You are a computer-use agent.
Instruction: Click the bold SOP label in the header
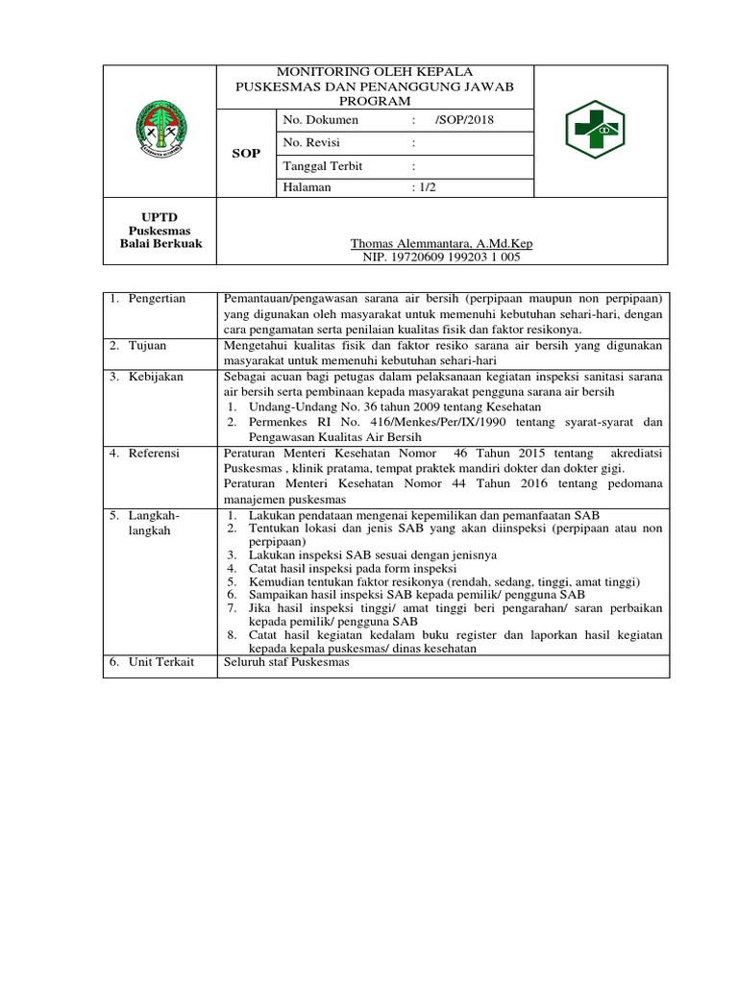pos(247,154)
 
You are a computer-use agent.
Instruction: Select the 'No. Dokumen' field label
pos(321,120)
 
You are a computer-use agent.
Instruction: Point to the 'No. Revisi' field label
pos(313,142)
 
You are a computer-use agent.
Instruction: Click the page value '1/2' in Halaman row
pos(422,187)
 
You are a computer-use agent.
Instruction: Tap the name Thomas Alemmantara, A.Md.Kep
pos(442,244)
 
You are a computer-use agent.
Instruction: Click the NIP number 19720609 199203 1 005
pos(442,258)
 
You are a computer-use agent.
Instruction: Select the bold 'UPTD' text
pos(160,218)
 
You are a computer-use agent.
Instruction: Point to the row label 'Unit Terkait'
pos(160,663)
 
